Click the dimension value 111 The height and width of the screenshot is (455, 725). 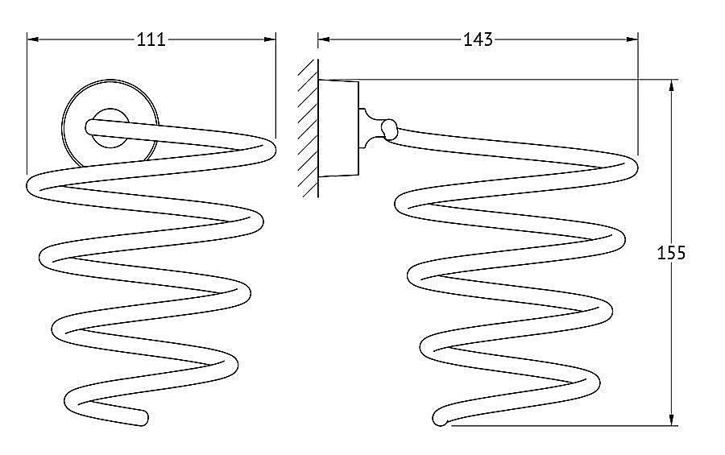(151, 39)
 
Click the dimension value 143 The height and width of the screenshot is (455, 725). (478, 39)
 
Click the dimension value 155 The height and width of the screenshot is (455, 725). (671, 253)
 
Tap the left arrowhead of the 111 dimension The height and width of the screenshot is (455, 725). (33, 39)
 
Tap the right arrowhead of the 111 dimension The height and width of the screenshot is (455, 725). (270, 39)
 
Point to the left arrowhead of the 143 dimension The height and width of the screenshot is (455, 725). (324, 39)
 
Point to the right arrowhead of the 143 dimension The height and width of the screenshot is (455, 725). (632, 39)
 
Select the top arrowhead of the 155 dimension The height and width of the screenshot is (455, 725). (671, 86)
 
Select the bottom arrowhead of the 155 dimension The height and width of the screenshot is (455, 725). (671, 419)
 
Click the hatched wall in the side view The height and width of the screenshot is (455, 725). (309, 128)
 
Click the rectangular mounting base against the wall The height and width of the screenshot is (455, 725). (339, 129)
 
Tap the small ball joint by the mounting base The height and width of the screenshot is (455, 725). (390, 130)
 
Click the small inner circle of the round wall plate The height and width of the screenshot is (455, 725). (110, 129)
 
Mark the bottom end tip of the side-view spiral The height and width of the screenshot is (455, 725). (439, 420)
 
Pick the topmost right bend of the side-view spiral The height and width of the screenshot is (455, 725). (631, 166)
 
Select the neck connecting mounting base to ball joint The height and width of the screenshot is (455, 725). (370, 129)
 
